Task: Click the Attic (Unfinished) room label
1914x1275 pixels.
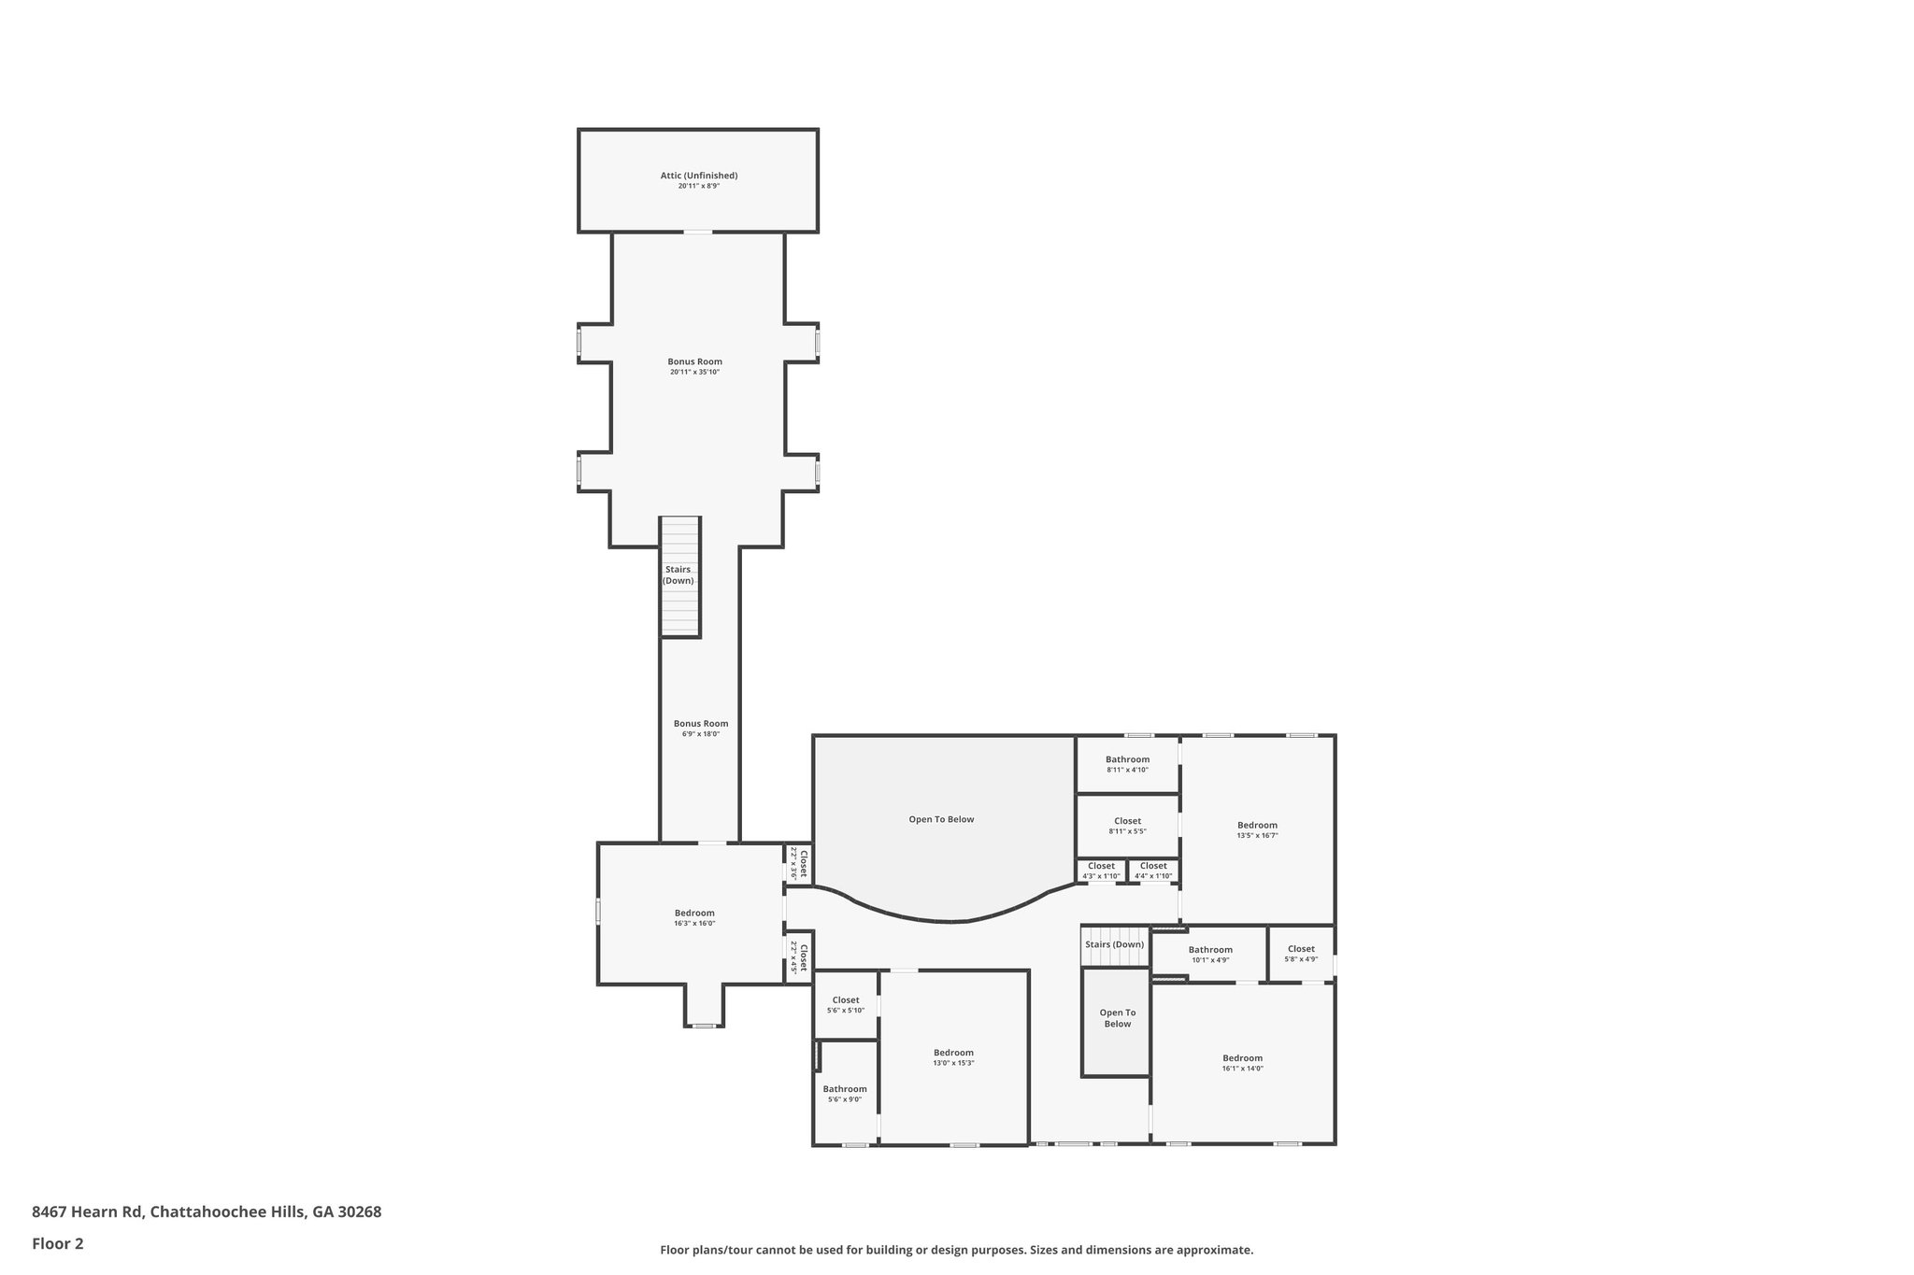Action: pyautogui.click(x=698, y=176)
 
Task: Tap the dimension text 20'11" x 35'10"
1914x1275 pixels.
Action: pyautogui.click(x=694, y=372)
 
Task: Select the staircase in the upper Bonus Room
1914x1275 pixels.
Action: pyautogui.click(x=679, y=576)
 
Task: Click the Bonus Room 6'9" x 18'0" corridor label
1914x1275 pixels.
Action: pyautogui.click(x=701, y=724)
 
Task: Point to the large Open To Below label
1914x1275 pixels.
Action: pyautogui.click(x=941, y=819)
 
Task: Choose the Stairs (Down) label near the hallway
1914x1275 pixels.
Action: pyautogui.click(x=1114, y=944)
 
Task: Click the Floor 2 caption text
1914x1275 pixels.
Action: pyautogui.click(x=58, y=1243)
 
